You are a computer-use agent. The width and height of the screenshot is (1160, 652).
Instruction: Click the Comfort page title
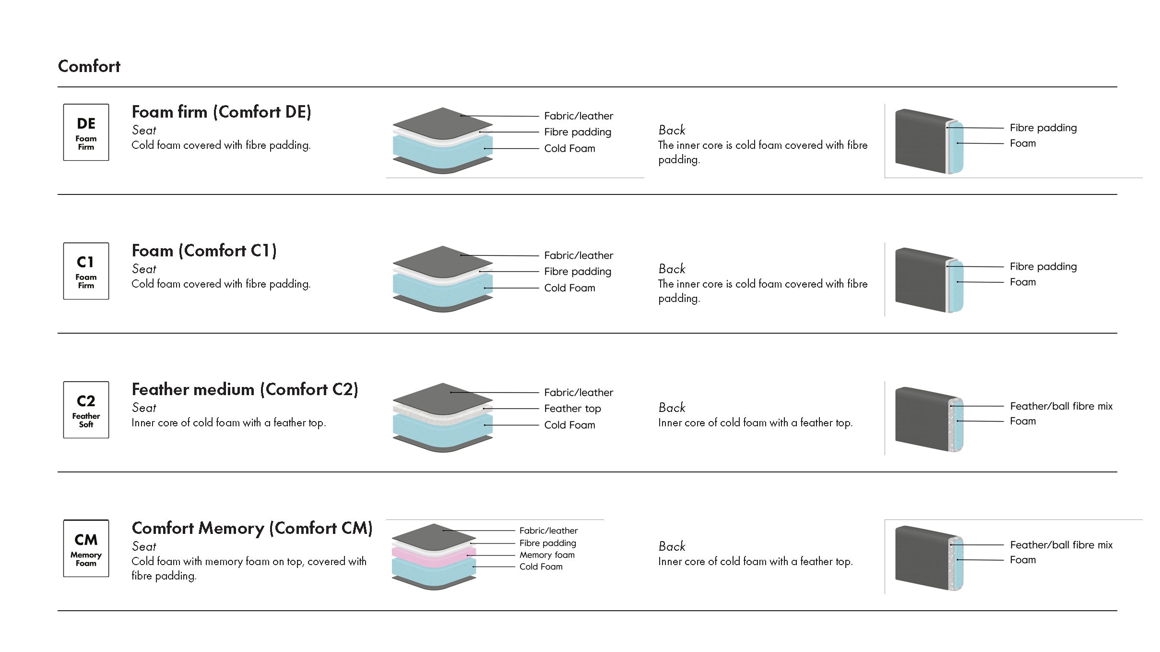point(89,66)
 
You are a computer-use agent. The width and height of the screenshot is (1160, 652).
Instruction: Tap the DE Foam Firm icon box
point(86,132)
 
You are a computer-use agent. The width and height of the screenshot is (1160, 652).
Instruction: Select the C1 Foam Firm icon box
point(86,271)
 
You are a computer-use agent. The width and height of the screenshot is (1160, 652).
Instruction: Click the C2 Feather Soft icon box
point(86,410)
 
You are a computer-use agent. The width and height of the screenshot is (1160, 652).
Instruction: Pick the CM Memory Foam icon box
point(86,548)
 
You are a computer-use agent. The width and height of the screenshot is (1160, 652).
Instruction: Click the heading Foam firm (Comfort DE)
point(221,112)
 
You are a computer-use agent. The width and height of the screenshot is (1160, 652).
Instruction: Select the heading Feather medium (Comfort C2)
point(245,389)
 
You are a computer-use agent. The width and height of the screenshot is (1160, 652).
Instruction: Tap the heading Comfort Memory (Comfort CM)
point(252,528)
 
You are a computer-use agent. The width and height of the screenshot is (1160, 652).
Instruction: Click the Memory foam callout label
point(547,555)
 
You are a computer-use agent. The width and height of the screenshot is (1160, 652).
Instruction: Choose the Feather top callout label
point(572,409)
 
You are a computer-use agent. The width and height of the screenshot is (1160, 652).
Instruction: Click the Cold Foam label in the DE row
point(569,148)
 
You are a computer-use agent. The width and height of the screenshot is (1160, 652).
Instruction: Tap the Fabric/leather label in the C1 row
point(579,255)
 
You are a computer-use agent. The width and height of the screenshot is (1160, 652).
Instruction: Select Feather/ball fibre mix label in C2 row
point(1061,406)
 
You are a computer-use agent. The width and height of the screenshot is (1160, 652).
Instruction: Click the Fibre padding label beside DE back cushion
point(1043,128)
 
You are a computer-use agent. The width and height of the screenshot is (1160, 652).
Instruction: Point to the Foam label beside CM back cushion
point(1023,560)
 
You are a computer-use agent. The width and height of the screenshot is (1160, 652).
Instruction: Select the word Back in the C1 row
point(672,269)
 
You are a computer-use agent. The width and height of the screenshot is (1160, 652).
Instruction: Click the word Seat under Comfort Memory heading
point(144,546)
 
